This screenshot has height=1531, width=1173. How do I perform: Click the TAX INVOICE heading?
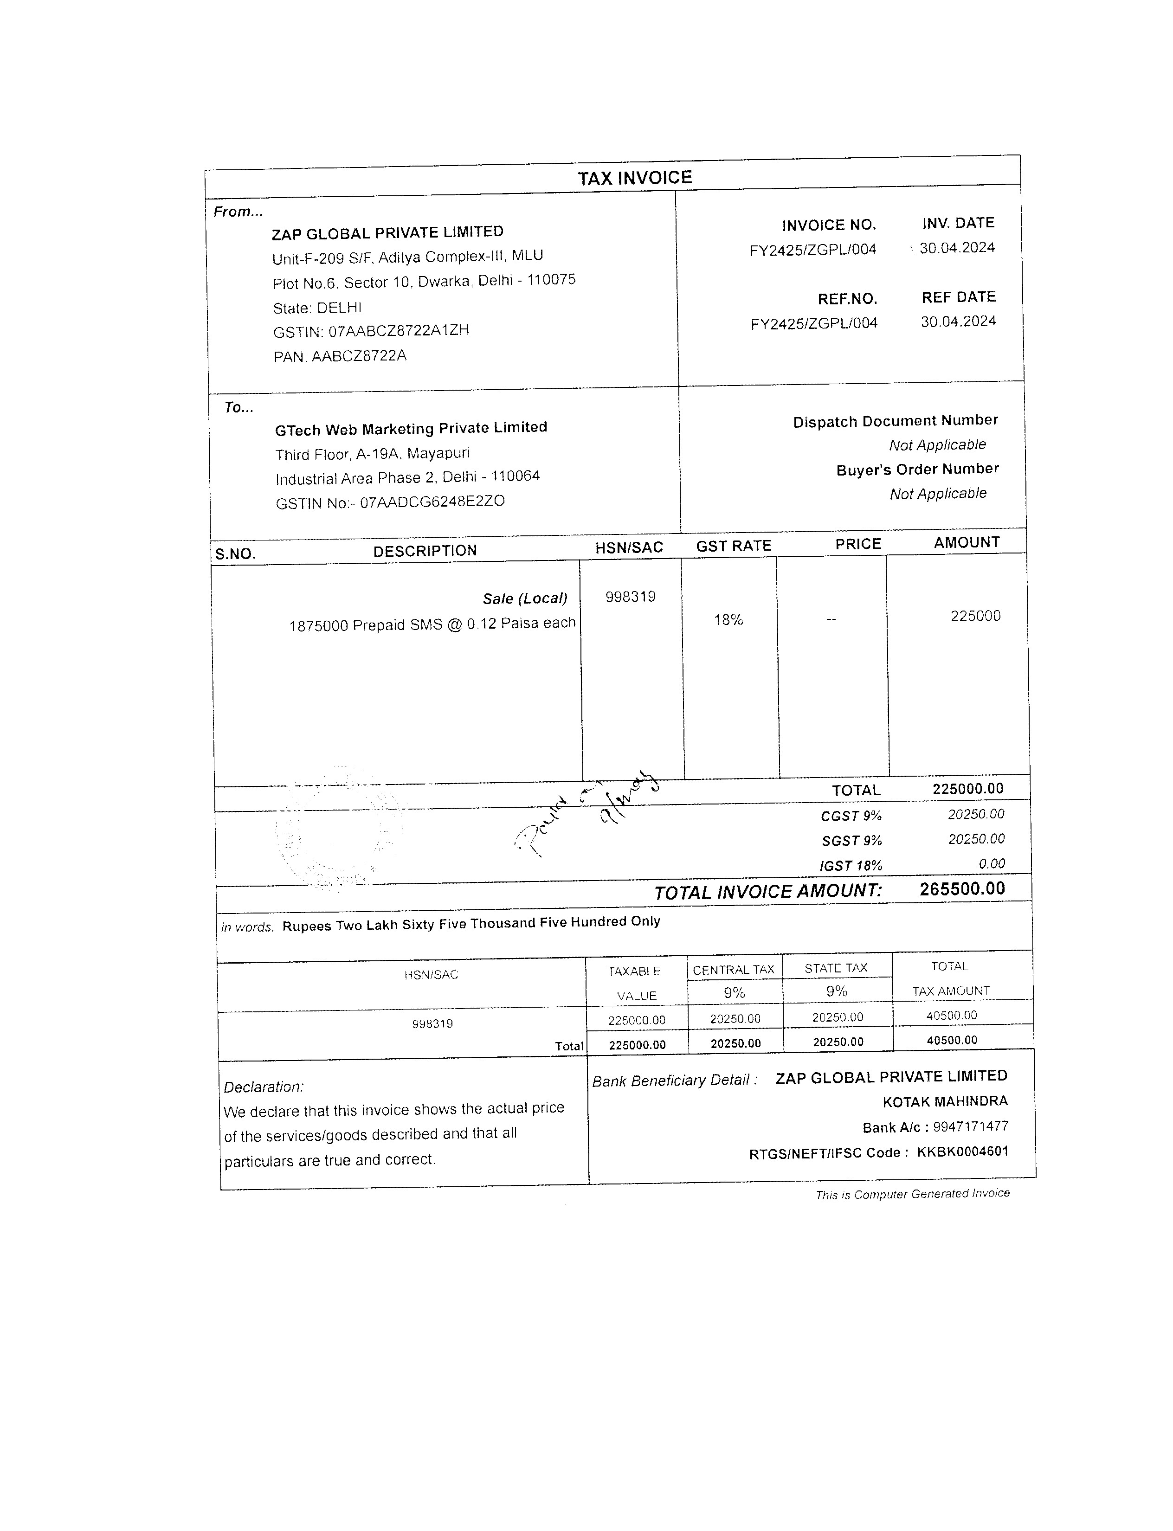click(635, 178)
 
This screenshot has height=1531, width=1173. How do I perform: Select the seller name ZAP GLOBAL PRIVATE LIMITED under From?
click(387, 232)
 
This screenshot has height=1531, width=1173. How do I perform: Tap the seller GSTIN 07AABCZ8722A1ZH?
click(398, 331)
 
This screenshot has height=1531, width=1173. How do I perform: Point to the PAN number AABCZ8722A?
click(358, 356)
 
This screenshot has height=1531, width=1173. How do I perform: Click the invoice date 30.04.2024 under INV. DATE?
click(957, 248)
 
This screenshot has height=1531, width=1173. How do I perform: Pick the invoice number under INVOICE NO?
click(813, 250)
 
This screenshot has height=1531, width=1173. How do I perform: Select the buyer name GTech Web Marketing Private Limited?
click(411, 428)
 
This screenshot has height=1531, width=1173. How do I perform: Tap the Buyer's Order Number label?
click(917, 469)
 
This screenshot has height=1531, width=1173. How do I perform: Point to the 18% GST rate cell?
click(728, 620)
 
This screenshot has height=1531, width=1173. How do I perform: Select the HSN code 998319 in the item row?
click(631, 597)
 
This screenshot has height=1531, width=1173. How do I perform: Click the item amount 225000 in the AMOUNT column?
click(975, 616)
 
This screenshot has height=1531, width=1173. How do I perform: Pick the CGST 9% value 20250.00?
click(976, 814)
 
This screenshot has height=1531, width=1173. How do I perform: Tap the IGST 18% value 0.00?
click(992, 863)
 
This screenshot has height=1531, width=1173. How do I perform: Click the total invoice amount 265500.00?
click(962, 889)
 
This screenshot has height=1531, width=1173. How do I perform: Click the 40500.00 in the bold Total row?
click(952, 1040)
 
